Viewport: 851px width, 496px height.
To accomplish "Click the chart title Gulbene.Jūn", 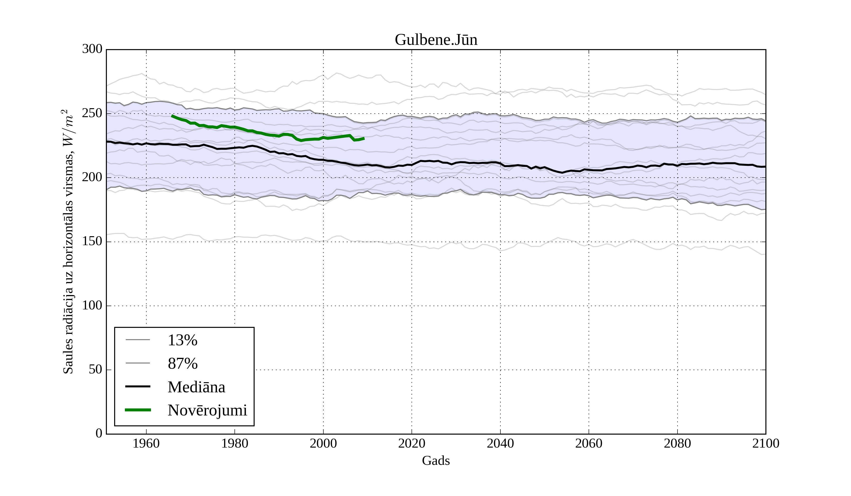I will [x=436, y=40].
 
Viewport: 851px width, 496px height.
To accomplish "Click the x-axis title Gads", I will [x=436, y=461].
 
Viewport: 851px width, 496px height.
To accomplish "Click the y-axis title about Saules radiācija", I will [x=68, y=242].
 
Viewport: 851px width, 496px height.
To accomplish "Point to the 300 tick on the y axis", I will [x=92, y=49].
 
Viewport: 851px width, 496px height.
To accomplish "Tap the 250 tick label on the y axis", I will [x=92, y=113].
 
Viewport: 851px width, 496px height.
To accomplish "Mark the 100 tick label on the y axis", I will [x=92, y=305].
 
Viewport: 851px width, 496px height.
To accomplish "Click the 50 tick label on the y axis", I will [x=95, y=369].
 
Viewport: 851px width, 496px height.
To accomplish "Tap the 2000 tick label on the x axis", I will [x=323, y=443].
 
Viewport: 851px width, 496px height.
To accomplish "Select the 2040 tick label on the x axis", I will [x=500, y=443].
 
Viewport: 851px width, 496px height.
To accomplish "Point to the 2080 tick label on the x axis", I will [x=677, y=443].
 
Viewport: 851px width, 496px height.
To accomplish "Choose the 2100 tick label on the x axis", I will [x=766, y=443].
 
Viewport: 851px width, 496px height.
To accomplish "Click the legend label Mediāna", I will [x=196, y=387].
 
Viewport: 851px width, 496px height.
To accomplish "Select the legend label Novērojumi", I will [x=207, y=410].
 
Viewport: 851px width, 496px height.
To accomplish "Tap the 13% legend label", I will [x=182, y=340].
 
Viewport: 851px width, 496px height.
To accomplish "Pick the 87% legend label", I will [x=182, y=364].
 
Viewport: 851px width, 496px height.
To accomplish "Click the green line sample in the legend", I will [x=138, y=410].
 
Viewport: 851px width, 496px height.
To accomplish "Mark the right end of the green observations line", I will [x=364, y=138].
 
